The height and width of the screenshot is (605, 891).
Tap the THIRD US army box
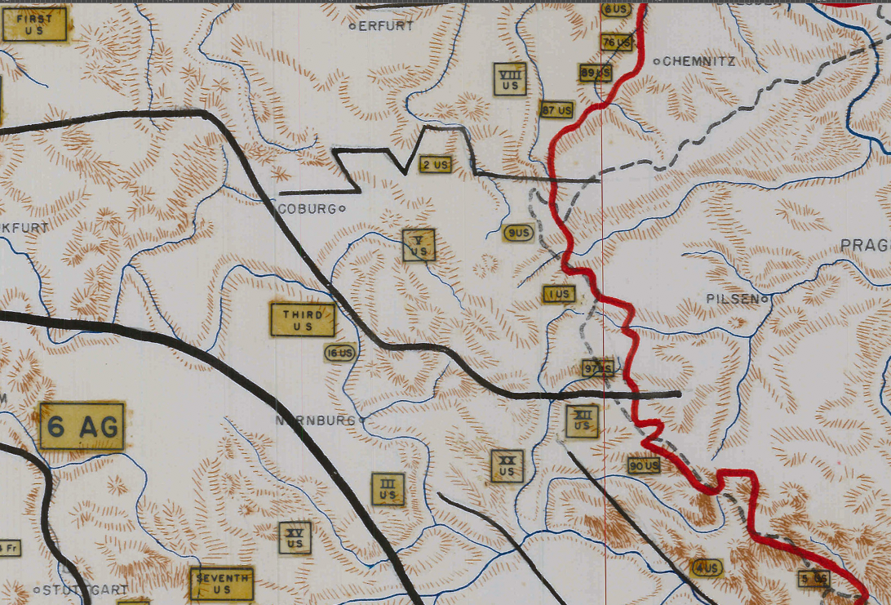click(x=303, y=320)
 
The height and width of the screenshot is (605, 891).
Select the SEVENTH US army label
click(x=221, y=584)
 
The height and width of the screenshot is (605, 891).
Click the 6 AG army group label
click(x=82, y=426)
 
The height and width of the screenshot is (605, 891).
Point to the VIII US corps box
click(x=510, y=79)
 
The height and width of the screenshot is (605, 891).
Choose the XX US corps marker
click(x=507, y=466)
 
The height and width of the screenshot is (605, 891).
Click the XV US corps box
click(x=295, y=537)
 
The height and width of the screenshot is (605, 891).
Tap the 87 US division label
click(x=557, y=109)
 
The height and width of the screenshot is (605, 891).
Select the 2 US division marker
click(x=436, y=165)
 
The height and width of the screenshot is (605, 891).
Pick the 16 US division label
click(x=340, y=353)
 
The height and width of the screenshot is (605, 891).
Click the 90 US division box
click(x=644, y=465)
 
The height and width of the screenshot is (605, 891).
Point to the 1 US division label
click(x=559, y=294)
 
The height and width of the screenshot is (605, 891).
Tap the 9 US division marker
click(x=518, y=234)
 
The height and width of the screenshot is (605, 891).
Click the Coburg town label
click(x=307, y=209)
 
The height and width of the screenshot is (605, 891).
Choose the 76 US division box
click(x=617, y=42)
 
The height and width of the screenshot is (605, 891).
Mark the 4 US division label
click(x=707, y=567)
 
